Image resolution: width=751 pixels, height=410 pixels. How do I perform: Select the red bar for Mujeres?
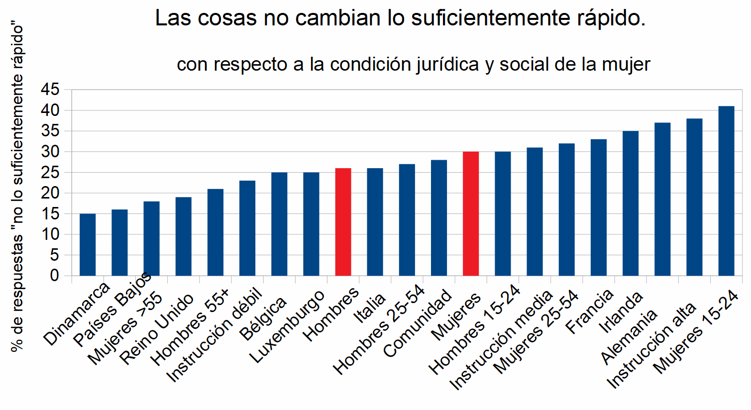point(471,213)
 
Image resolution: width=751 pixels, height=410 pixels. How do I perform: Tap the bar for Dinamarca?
point(88,244)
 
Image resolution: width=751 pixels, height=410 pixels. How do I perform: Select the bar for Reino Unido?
point(183,236)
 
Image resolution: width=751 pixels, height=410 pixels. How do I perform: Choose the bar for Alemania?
point(662,199)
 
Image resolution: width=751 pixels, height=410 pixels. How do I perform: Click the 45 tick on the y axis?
point(50,90)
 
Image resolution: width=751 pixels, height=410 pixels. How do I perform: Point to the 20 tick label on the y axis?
point(50,193)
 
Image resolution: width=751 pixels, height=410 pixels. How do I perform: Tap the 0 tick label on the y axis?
point(54,276)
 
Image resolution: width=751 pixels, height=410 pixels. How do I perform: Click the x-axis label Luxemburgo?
point(287,326)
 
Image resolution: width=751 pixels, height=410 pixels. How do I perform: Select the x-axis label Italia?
point(369,308)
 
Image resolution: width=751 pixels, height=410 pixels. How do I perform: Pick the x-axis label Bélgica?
point(263,318)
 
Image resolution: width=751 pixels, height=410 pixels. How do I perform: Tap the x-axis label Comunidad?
point(418,323)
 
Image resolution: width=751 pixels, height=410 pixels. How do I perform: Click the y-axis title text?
point(17,189)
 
